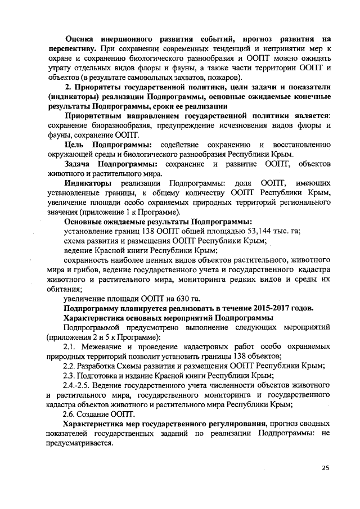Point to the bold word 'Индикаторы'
87,183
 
